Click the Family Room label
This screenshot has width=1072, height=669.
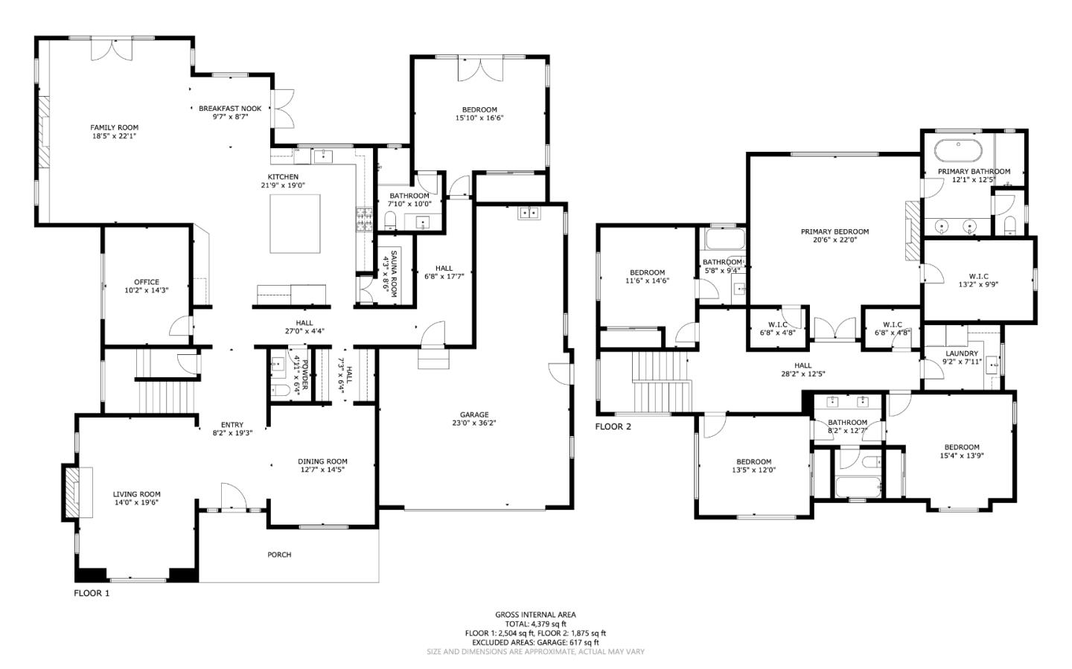(114, 127)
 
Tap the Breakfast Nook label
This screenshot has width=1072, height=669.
(230, 108)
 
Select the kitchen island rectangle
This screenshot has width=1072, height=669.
(296, 223)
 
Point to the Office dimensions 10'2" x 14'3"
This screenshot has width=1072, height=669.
(147, 290)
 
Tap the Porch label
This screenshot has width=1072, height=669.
(279, 554)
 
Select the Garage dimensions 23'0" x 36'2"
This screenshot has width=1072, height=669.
(473, 423)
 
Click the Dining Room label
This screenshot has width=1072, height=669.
(322, 461)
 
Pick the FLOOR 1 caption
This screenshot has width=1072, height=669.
(92, 593)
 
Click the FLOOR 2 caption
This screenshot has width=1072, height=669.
(613, 426)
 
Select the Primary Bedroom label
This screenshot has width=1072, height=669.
(835, 231)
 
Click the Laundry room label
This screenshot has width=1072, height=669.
(962, 353)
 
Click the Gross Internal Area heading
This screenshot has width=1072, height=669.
(535, 615)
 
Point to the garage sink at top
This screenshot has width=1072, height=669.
(529, 213)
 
